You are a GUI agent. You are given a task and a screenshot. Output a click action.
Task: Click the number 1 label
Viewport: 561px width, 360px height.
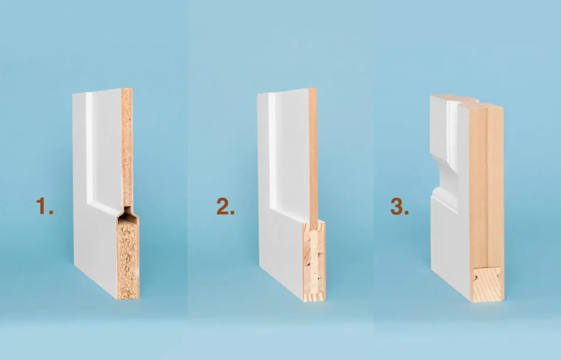click(44, 207)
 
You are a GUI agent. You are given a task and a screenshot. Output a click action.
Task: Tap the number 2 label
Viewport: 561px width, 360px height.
click(225, 207)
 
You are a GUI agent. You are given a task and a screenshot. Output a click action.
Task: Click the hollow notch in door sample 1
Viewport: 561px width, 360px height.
click(128, 214)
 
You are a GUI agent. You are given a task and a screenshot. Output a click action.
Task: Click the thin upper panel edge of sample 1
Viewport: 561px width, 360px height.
click(127, 148)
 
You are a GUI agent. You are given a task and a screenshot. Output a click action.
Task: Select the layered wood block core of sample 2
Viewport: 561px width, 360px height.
click(314, 260)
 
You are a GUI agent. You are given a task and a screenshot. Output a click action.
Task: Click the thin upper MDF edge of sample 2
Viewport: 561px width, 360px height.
click(312, 153)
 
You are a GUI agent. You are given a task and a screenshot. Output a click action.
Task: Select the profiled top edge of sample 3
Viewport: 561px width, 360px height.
click(466, 100)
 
